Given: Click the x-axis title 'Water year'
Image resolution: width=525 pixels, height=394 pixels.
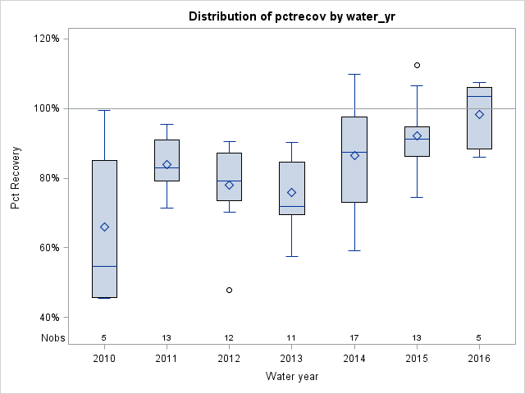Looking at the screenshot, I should pyautogui.click(x=292, y=377).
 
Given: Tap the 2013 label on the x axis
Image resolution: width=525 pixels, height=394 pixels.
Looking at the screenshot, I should pyautogui.click(x=292, y=358).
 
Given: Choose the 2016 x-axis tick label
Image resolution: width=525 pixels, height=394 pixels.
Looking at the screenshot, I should pyautogui.click(x=479, y=358).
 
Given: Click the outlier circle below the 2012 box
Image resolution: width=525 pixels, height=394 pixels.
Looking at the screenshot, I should pyautogui.click(x=230, y=290).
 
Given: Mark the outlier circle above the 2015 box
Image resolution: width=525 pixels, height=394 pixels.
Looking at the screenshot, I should pyautogui.click(x=417, y=65).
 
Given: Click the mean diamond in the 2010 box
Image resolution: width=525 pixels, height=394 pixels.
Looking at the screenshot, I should pyautogui.click(x=104, y=227).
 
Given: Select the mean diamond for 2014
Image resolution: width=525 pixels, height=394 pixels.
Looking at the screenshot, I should pyautogui.click(x=354, y=155).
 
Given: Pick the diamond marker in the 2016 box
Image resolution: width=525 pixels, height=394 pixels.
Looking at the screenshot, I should pyautogui.click(x=479, y=114).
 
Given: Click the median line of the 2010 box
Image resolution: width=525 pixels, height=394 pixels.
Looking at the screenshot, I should pyautogui.click(x=104, y=266).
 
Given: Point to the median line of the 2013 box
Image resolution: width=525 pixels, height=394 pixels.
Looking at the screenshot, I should pyautogui.click(x=292, y=206).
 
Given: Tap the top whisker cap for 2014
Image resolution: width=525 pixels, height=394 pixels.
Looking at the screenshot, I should pyautogui.click(x=354, y=74).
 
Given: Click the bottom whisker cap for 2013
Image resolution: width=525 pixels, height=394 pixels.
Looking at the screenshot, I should pyautogui.click(x=292, y=256).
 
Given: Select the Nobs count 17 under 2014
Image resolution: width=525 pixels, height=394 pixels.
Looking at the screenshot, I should pyautogui.click(x=354, y=337).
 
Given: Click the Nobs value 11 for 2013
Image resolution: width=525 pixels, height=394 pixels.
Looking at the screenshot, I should pyautogui.click(x=292, y=337).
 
